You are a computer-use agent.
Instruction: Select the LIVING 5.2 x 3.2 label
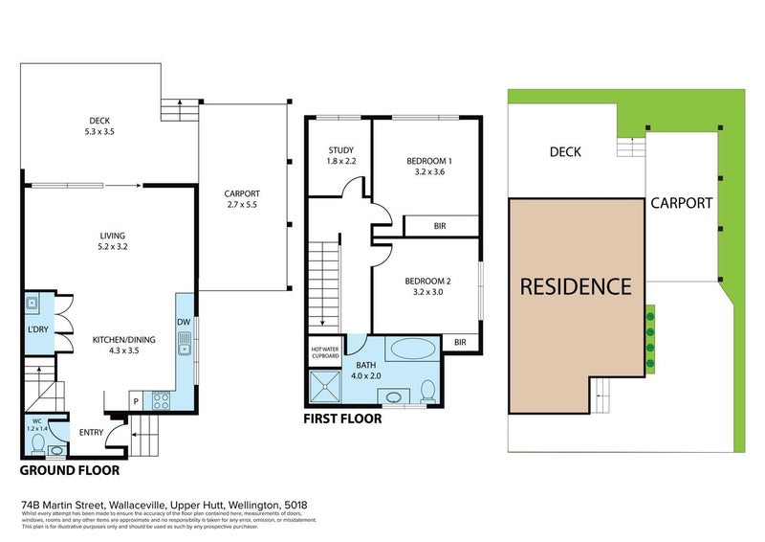[111, 241]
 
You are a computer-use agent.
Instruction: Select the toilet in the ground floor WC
[35, 444]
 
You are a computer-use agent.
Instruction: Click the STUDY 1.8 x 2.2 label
[341, 156]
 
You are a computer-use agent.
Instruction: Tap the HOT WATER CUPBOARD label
[324, 352]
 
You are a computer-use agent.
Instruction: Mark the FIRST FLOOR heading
[342, 419]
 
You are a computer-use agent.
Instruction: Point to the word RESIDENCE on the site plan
[576, 286]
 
